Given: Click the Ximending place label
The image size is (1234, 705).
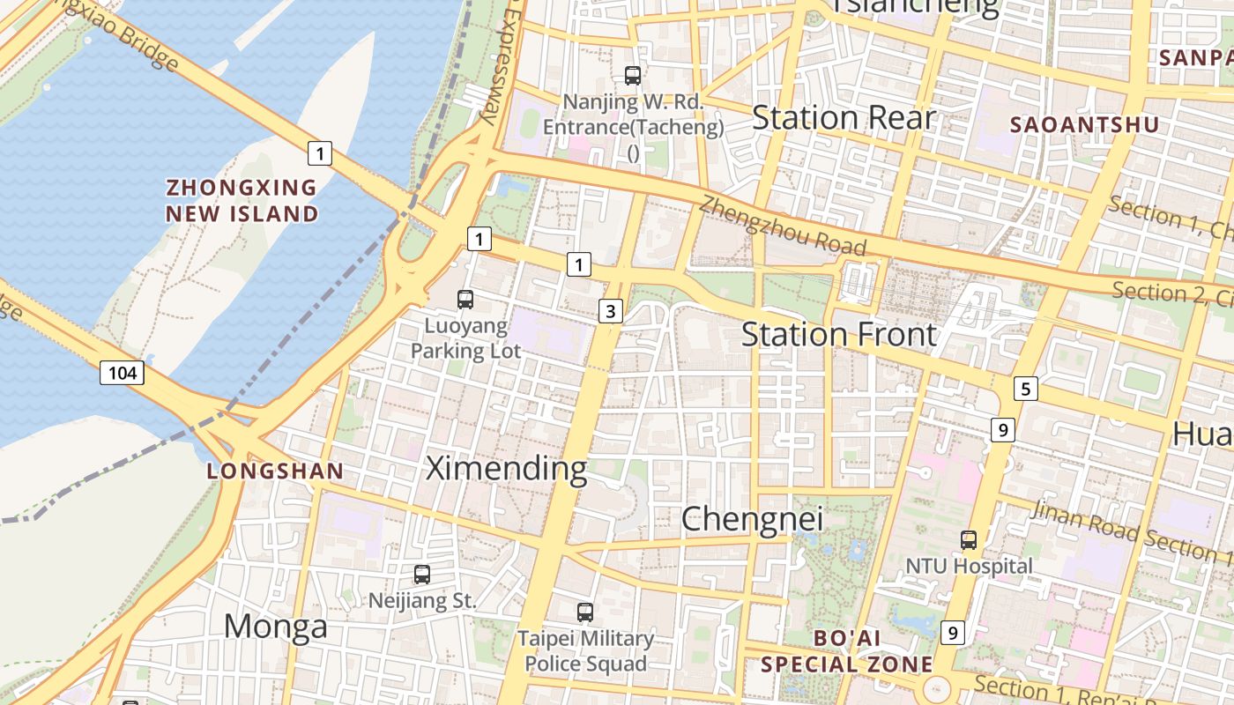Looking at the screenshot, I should click(506, 468).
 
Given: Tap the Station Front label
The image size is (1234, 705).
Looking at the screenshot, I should click(839, 335).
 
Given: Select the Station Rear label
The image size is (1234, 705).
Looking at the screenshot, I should click(843, 117).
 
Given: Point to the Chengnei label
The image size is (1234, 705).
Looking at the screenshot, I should click(753, 519).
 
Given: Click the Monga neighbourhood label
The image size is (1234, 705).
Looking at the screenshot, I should click(275, 627).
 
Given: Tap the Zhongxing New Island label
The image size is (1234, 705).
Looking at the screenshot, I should click(242, 200).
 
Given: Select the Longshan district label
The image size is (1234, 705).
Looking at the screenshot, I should click(275, 471).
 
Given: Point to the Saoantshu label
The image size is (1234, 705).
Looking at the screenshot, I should click(1084, 125).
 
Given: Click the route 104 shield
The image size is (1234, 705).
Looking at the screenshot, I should click(122, 373).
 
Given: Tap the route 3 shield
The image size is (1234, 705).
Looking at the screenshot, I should click(611, 310).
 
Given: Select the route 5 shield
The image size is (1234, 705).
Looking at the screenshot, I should click(1024, 388).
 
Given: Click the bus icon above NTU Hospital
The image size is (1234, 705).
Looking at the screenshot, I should click(969, 539).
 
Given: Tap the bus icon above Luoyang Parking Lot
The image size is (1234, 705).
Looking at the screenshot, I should click(465, 300).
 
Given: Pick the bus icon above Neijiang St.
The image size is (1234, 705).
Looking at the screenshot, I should click(422, 575).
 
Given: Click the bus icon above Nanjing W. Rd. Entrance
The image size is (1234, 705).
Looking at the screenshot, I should click(633, 76).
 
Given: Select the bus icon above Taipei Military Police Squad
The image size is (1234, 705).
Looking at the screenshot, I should click(585, 612).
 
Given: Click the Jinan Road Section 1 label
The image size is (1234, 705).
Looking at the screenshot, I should click(1132, 531).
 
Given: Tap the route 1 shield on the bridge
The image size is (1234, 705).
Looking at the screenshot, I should click(320, 153).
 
